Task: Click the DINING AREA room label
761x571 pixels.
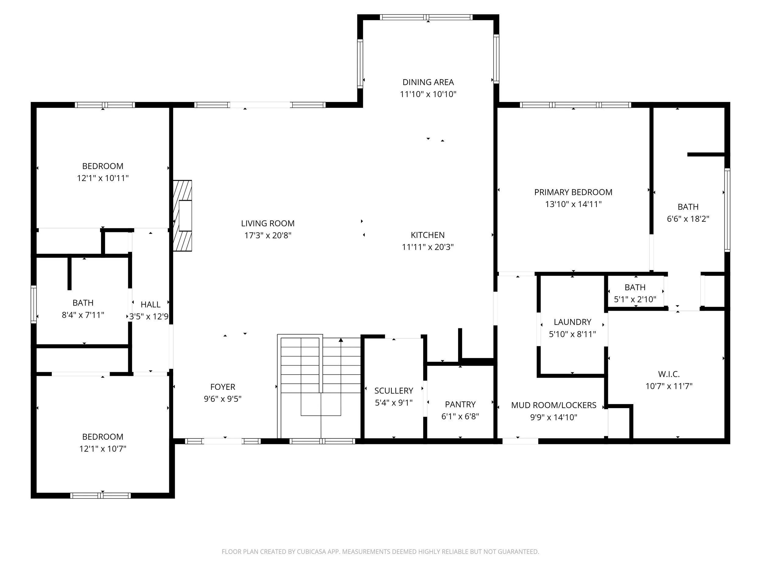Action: tap(428, 82)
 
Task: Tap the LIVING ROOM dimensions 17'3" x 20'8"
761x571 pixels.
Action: tap(268, 235)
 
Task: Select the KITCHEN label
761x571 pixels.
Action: tap(428, 235)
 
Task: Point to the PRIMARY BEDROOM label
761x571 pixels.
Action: tap(573, 192)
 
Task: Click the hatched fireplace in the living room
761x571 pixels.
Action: tap(182, 216)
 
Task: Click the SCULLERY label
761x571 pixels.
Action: tap(394, 391)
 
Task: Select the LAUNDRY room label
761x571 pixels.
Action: tap(573, 322)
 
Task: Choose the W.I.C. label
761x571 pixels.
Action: tap(669, 374)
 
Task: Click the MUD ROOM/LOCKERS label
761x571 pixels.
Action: tap(553, 405)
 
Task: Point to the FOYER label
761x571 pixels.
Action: tap(223, 387)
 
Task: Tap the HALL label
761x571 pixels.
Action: tap(150, 305)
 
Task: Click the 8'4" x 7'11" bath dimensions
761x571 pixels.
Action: tap(83, 315)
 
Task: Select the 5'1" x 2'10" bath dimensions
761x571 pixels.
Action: tap(635, 299)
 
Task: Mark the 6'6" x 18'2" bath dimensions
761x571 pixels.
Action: tap(688, 219)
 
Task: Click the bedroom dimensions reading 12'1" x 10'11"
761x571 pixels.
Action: tap(103, 178)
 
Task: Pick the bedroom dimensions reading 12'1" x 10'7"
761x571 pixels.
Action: tap(103, 449)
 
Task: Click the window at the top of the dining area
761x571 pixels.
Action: tap(426, 17)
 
